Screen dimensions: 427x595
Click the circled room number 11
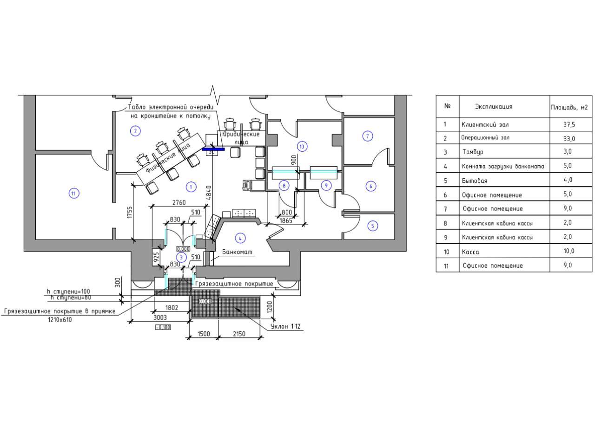pos(73,193)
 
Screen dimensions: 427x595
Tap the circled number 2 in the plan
pos(135,131)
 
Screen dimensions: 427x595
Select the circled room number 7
pos(368,136)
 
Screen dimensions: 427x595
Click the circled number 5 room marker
pos(372,226)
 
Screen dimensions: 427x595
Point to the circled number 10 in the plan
pos(302,147)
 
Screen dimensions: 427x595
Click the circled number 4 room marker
pos(240,239)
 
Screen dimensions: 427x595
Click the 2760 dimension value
pos(178,202)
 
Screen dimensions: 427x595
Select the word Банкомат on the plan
pos(237,252)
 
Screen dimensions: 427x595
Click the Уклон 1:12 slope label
pos(286,327)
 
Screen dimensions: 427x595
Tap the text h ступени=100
pos(68,291)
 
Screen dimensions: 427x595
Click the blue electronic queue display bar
pos(213,149)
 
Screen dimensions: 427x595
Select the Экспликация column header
pos(494,107)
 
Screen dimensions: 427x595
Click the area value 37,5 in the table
pos(568,125)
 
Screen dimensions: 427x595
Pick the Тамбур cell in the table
pos(473,152)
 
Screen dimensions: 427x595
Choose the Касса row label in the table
pos(470,252)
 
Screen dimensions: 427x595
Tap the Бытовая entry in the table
pos(474,181)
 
